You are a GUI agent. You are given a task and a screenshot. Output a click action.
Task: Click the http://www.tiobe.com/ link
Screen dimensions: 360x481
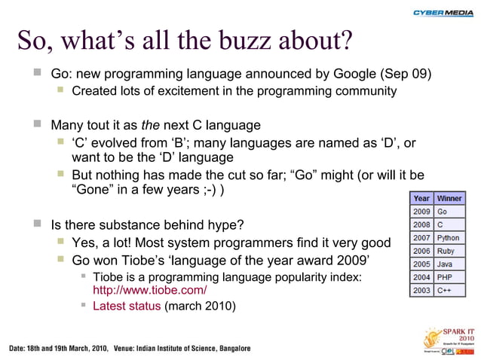(149, 290)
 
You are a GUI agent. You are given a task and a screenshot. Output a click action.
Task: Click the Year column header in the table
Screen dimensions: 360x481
(421, 198)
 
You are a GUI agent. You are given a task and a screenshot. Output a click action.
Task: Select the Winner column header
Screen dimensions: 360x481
(449, 198)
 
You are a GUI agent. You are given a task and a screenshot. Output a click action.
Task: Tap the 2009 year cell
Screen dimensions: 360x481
(421, 212)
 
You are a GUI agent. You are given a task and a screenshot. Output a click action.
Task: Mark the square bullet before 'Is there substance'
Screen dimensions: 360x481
(37, 224)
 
